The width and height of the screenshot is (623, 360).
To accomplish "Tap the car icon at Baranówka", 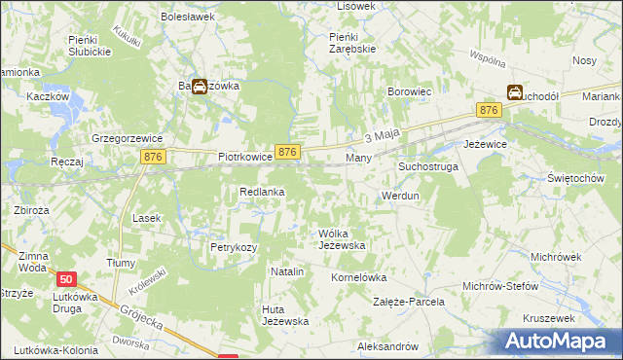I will [x=200, y=87].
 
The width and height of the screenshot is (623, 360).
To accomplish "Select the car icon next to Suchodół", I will [x=513, y=93].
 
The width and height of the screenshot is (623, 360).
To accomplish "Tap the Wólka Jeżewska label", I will [x=342, y=239].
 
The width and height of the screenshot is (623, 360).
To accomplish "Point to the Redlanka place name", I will [x=262, y=193].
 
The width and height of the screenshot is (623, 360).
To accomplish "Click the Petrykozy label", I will [x=234, y=247].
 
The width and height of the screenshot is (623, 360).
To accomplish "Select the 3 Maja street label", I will [x=383, y=137].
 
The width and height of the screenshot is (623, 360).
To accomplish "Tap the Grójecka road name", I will [x=142, y=316].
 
